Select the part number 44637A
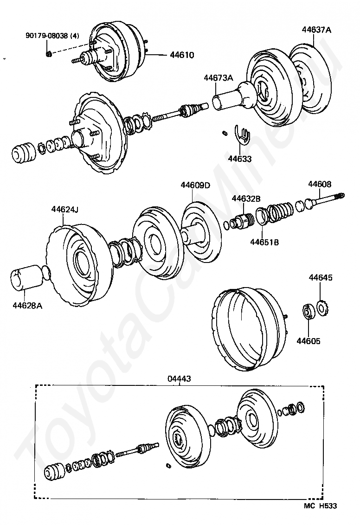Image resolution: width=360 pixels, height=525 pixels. (x=316, y=30)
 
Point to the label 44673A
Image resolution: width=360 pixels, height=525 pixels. (x=218, y=78)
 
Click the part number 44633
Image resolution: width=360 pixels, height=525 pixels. (x=239, y=159)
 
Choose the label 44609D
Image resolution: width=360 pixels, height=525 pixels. (x=195, y=186)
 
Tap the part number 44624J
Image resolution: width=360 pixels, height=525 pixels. (x=64, y=209)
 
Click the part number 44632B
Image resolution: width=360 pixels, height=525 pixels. (x=246, y=198)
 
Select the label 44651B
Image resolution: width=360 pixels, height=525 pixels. (x=264, y=242)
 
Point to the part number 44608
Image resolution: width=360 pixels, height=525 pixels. (x=320, y=184)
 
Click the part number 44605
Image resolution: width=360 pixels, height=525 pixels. (x=309, y=341)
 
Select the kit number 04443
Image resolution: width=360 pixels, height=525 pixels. (x=179, y=379)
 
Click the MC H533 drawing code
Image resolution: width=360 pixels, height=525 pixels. (x=321, y=506)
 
